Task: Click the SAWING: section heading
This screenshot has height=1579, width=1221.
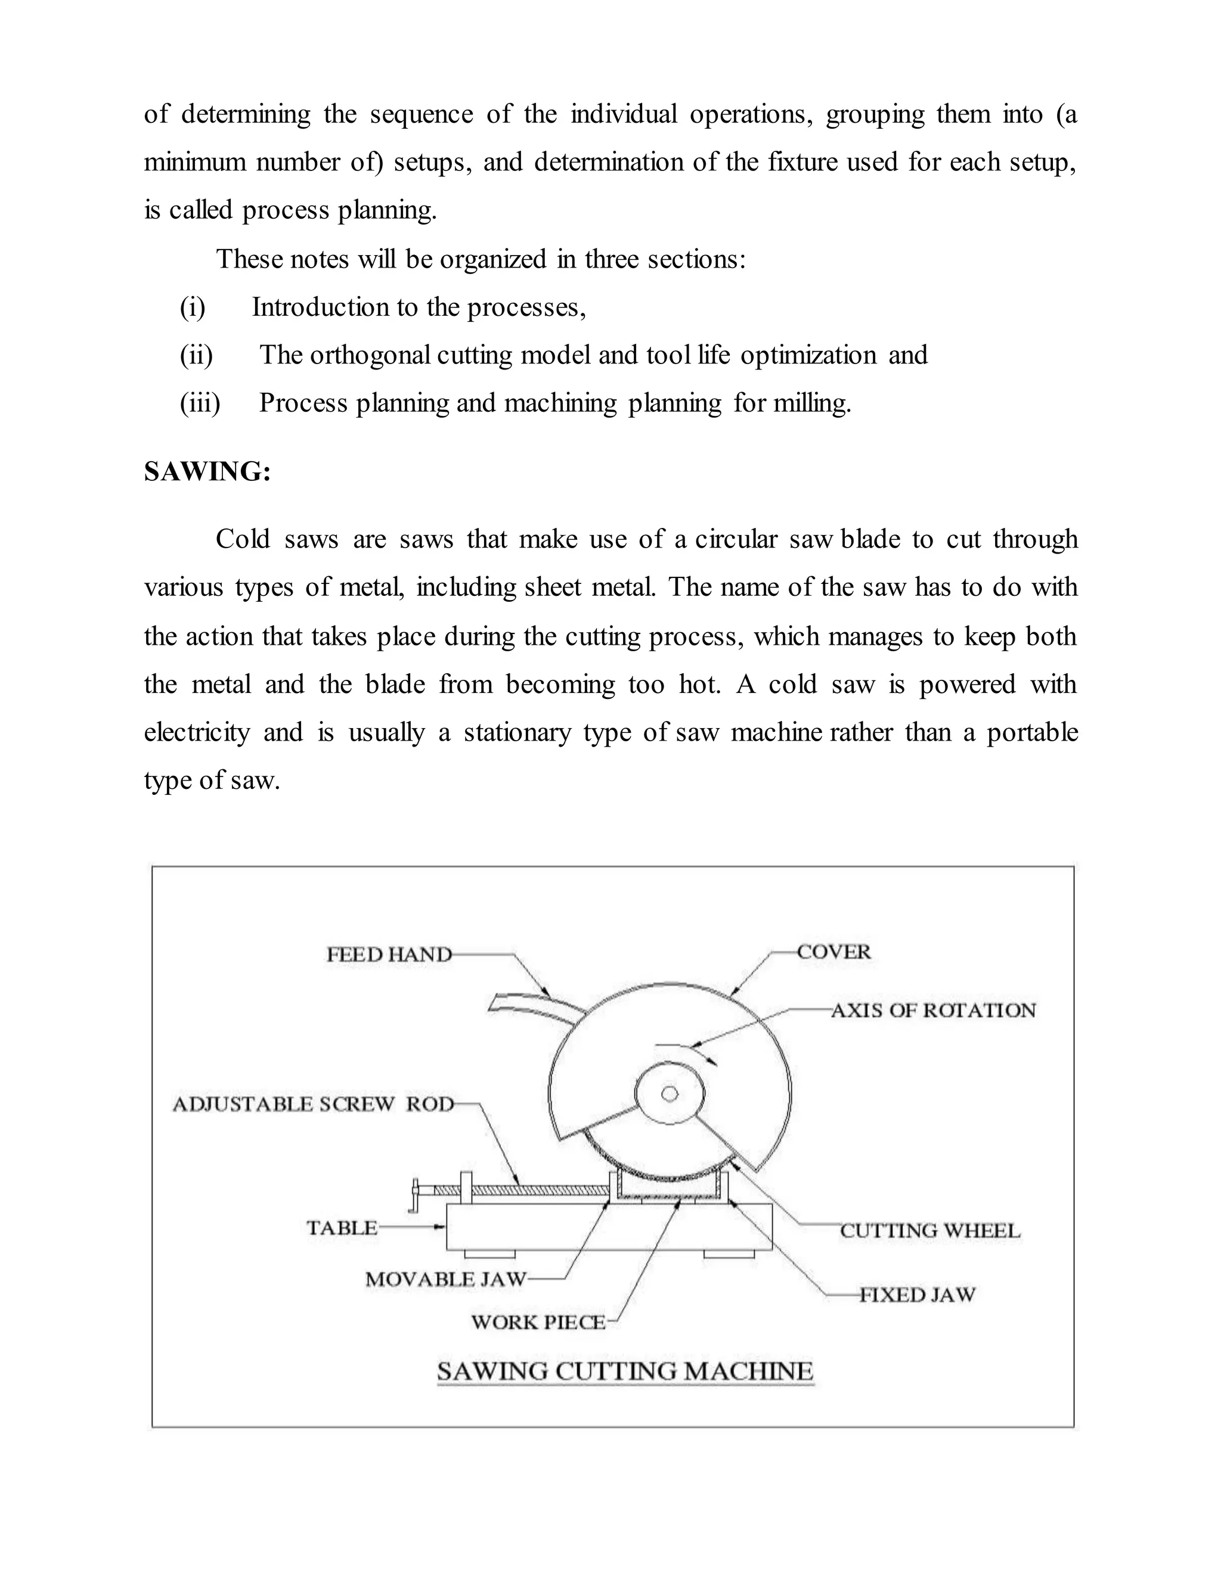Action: (207, 471)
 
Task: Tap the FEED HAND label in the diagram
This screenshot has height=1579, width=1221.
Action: (389, 955)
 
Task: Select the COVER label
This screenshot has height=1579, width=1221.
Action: (834, 952)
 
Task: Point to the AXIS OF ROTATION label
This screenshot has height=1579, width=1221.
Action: (933, 1010)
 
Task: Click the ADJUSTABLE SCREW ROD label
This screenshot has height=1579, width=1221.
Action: (313, 1104)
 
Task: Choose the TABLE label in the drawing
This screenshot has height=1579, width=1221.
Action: (342, 1227)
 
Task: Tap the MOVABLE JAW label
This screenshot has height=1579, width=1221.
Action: (445, 1279)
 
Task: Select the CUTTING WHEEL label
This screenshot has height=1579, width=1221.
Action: (930, 1230)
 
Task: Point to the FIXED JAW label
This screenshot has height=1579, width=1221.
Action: (917, 1294)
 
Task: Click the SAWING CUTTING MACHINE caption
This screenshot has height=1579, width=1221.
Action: (625, 1371)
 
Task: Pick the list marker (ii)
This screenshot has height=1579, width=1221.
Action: (196, 355)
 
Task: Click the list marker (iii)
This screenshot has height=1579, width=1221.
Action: (200, 403)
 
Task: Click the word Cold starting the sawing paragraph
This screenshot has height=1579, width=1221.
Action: (242, 539)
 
